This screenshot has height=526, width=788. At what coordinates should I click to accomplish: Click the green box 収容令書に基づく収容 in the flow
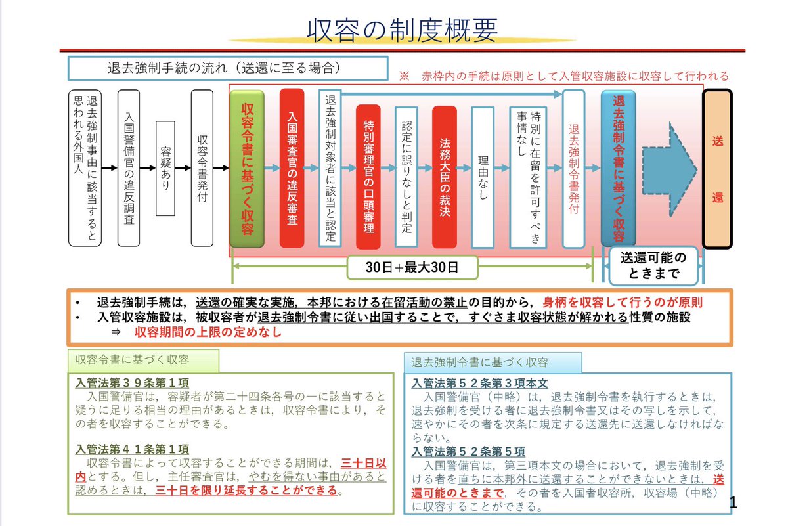point(247,168)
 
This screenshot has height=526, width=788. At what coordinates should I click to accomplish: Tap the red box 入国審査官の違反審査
point(292,168)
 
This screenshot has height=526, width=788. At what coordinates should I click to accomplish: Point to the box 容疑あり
point(165,168)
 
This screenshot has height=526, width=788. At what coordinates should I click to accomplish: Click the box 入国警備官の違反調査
point(129,168)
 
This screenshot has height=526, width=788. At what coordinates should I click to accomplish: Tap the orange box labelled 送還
point(726,168)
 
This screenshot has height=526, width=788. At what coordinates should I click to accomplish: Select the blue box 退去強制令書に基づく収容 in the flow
point(618,168)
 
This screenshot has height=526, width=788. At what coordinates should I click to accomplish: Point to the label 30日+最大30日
point(412,267)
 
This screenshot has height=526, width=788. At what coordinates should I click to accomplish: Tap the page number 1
point(733,504)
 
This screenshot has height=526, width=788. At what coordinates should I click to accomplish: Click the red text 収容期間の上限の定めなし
point(208,332)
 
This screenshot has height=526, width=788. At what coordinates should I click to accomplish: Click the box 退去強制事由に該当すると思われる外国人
point(85,168)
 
